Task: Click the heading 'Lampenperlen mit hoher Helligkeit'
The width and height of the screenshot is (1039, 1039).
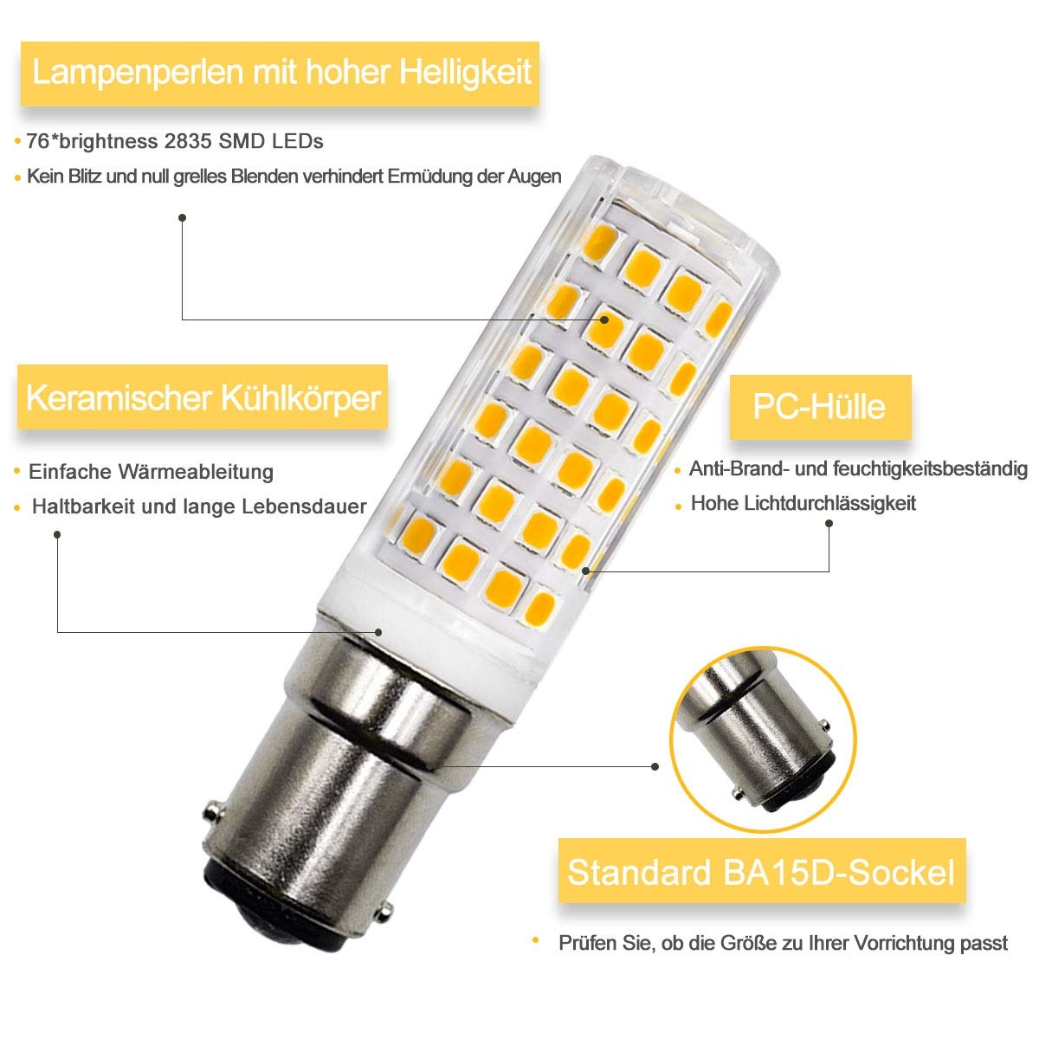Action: click(x=281, y=72)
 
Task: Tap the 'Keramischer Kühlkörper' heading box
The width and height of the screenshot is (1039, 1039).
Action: click(x=203, y=399)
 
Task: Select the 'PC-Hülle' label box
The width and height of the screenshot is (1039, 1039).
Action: click(x=819, y=406)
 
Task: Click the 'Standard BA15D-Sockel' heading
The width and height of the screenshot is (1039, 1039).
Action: click(x=761, y=871)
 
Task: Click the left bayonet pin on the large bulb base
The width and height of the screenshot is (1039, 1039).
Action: click(x=209, y=815)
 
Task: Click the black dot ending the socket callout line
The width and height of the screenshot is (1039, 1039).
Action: click(x=655, y=765)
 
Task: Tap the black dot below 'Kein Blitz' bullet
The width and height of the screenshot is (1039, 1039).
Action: click(x=182, y=218)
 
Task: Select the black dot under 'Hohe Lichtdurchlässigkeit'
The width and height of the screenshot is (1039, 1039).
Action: click(x=829, y=524)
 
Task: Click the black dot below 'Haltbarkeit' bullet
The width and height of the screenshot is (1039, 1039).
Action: click(x=57, y=534)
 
